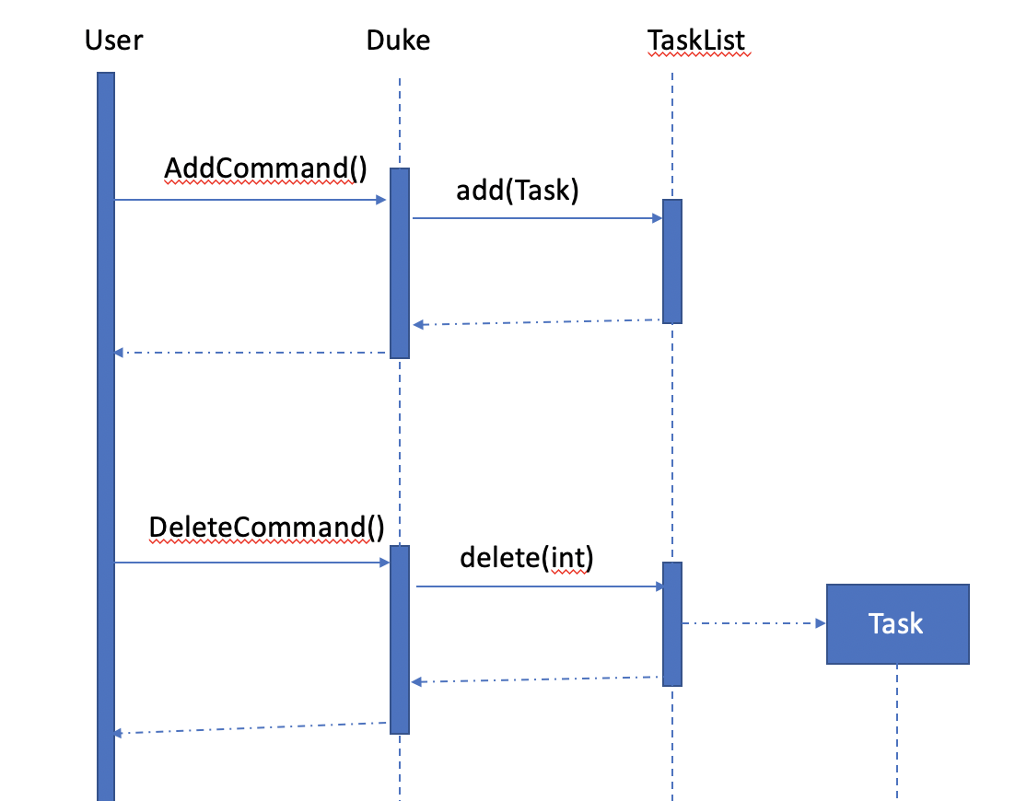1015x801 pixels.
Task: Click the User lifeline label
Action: click(x=113, y=41)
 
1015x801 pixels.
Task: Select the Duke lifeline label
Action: click(x=398, y=41)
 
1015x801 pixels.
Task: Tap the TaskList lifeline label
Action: click(x=696, y=41)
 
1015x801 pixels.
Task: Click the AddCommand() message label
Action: click(x=265, y=168)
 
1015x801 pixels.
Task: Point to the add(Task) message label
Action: click(x=517, y=191)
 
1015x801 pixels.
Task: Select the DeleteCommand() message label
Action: click(x=266, y=528)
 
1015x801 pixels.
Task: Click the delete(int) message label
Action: click(x=526, y=557)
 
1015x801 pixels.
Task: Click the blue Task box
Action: click(x=897, y=624)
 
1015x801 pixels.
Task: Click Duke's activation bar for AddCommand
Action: click(x=399, y=262)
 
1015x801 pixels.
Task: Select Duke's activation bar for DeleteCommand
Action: click(x=399, y=639)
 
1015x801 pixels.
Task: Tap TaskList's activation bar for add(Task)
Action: click(x=671, y=261)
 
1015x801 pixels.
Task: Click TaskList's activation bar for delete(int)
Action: click(x=671, y=623)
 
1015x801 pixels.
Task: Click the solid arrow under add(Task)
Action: click(x=537, y=218)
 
